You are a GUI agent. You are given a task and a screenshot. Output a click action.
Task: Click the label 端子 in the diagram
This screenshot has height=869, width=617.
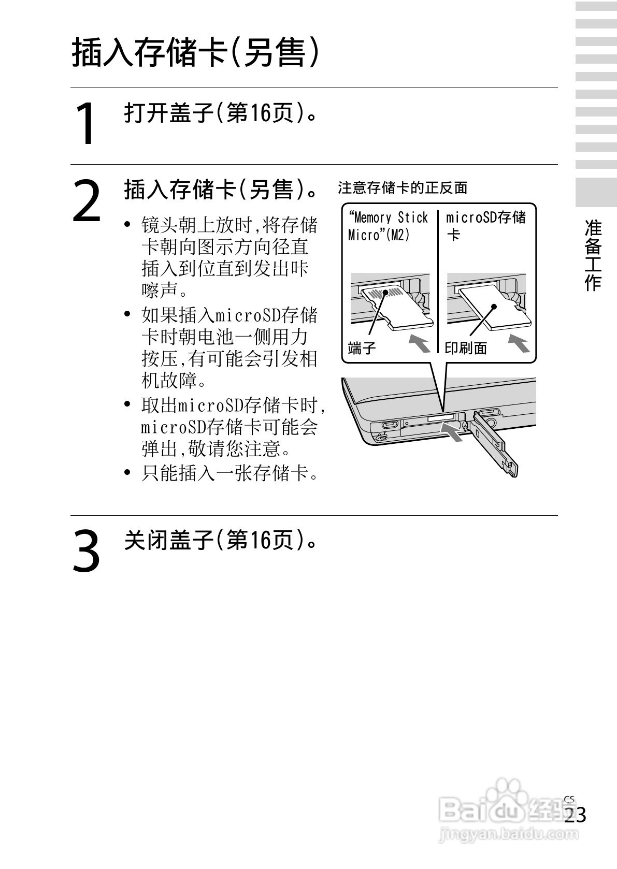click(x=362, y=348)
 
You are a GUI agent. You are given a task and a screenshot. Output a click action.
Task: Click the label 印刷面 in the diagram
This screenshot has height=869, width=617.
click(x=466, y=348)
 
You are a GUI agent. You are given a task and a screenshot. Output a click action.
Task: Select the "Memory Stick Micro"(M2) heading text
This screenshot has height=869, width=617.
click(x=388, y=226)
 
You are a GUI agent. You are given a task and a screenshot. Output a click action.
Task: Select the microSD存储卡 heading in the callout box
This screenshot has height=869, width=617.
click(x=485, y=225)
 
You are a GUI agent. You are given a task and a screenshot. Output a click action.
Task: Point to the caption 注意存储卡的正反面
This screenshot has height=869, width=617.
click(x=402, y=187)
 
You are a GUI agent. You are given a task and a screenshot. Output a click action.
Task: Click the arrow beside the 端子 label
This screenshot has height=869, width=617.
click(x=420, y=344)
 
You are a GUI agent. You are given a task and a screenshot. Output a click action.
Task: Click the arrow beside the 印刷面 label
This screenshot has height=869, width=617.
click(x=518, y=344)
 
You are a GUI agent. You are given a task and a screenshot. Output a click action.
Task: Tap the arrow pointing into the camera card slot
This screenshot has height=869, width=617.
click(x=452, y=432)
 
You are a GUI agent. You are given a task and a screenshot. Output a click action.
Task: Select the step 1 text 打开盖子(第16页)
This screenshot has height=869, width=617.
click(x=220, y=112)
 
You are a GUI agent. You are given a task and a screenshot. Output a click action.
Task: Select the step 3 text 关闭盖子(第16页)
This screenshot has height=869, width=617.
click(x=220, y=541)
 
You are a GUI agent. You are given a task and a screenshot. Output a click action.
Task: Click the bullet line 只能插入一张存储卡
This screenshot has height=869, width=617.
click(x=229, y=473)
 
